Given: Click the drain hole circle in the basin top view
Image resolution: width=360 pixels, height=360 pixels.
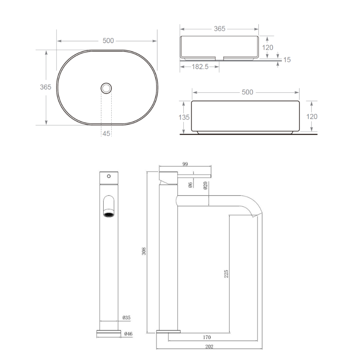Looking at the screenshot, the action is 106,83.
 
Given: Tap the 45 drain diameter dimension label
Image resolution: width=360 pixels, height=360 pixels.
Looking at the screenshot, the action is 106,134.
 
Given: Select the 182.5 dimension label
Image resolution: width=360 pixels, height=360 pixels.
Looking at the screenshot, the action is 200,67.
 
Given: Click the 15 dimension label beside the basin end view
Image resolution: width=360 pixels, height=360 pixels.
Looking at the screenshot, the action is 287,60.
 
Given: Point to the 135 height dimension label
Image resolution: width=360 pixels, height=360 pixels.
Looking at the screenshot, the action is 184,117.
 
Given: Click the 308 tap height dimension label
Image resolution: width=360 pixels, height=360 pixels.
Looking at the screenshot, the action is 144,251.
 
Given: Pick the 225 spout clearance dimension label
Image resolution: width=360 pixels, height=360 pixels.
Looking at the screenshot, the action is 226,274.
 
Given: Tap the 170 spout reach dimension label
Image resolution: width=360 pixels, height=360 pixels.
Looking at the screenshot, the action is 207,337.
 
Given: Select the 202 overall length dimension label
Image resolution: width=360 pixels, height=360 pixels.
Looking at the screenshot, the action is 209,346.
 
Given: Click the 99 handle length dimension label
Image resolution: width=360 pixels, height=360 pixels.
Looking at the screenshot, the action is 185,164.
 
